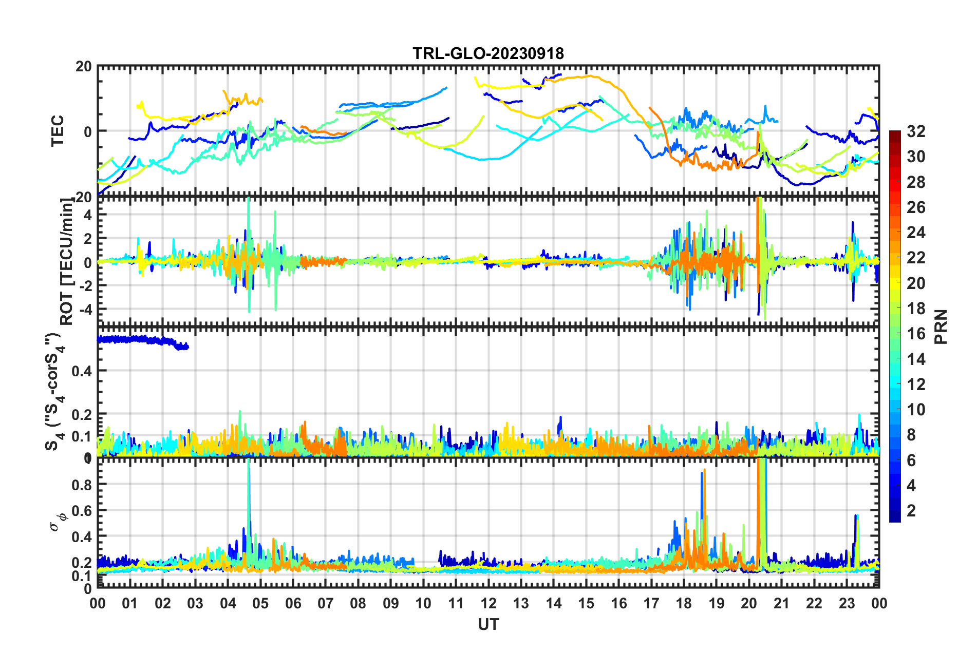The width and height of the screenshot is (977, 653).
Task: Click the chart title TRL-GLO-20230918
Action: tap(488, 53)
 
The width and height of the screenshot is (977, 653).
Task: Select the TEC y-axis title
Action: tap(58, 130)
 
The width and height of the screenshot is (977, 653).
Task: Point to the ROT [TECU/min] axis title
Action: tap(67, 261)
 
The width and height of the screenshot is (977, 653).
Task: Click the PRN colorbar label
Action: tap(941, 326)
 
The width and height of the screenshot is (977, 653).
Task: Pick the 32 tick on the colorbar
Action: tap(915, 131)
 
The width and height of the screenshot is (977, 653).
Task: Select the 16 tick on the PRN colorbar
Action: tap(915, 334)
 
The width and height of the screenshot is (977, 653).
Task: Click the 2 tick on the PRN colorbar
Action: tap(911, 510)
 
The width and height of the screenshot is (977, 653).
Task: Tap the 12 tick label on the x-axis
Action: tap(488, 603)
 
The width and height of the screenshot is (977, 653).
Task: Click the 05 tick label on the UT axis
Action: tap(260, 603)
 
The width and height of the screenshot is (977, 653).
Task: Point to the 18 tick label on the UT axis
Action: tap(684, 603)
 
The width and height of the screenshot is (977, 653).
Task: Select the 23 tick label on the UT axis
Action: tap(847, 603)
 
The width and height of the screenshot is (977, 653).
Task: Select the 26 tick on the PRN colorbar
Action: tap(915, 207)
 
